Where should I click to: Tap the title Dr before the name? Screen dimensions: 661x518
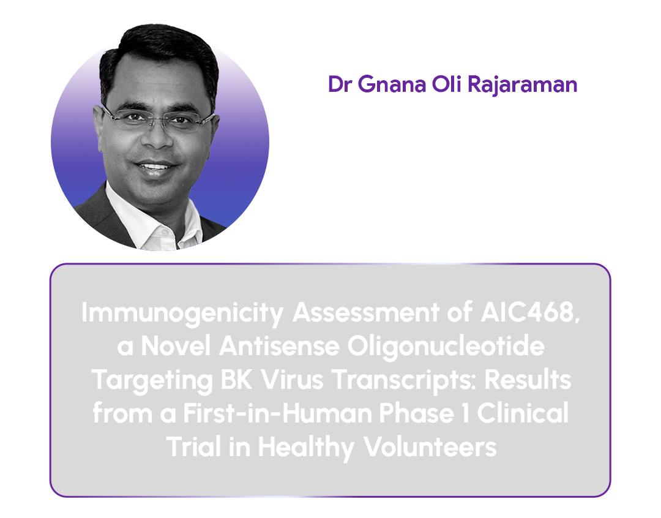(x=340, y=84)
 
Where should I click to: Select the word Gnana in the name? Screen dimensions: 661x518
(x=392, y=84)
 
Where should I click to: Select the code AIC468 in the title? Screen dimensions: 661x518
(x=530, y=312)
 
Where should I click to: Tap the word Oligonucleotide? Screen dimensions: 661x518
(x=446, y=347)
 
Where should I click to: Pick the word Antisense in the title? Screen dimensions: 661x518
(x=279, y=347)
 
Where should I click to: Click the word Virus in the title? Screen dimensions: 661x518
(x=292, y=380)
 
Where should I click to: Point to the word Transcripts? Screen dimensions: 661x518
(x=405, y=380)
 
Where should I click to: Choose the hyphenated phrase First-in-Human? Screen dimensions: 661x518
(x=277, y=413)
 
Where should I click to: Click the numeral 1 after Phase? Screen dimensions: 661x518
(x=465, y=413)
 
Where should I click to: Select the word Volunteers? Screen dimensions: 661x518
(x=430, y=447)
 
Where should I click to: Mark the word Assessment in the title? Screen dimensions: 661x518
(x=366, y=312)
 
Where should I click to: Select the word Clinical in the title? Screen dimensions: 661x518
(x=523, y=413)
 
